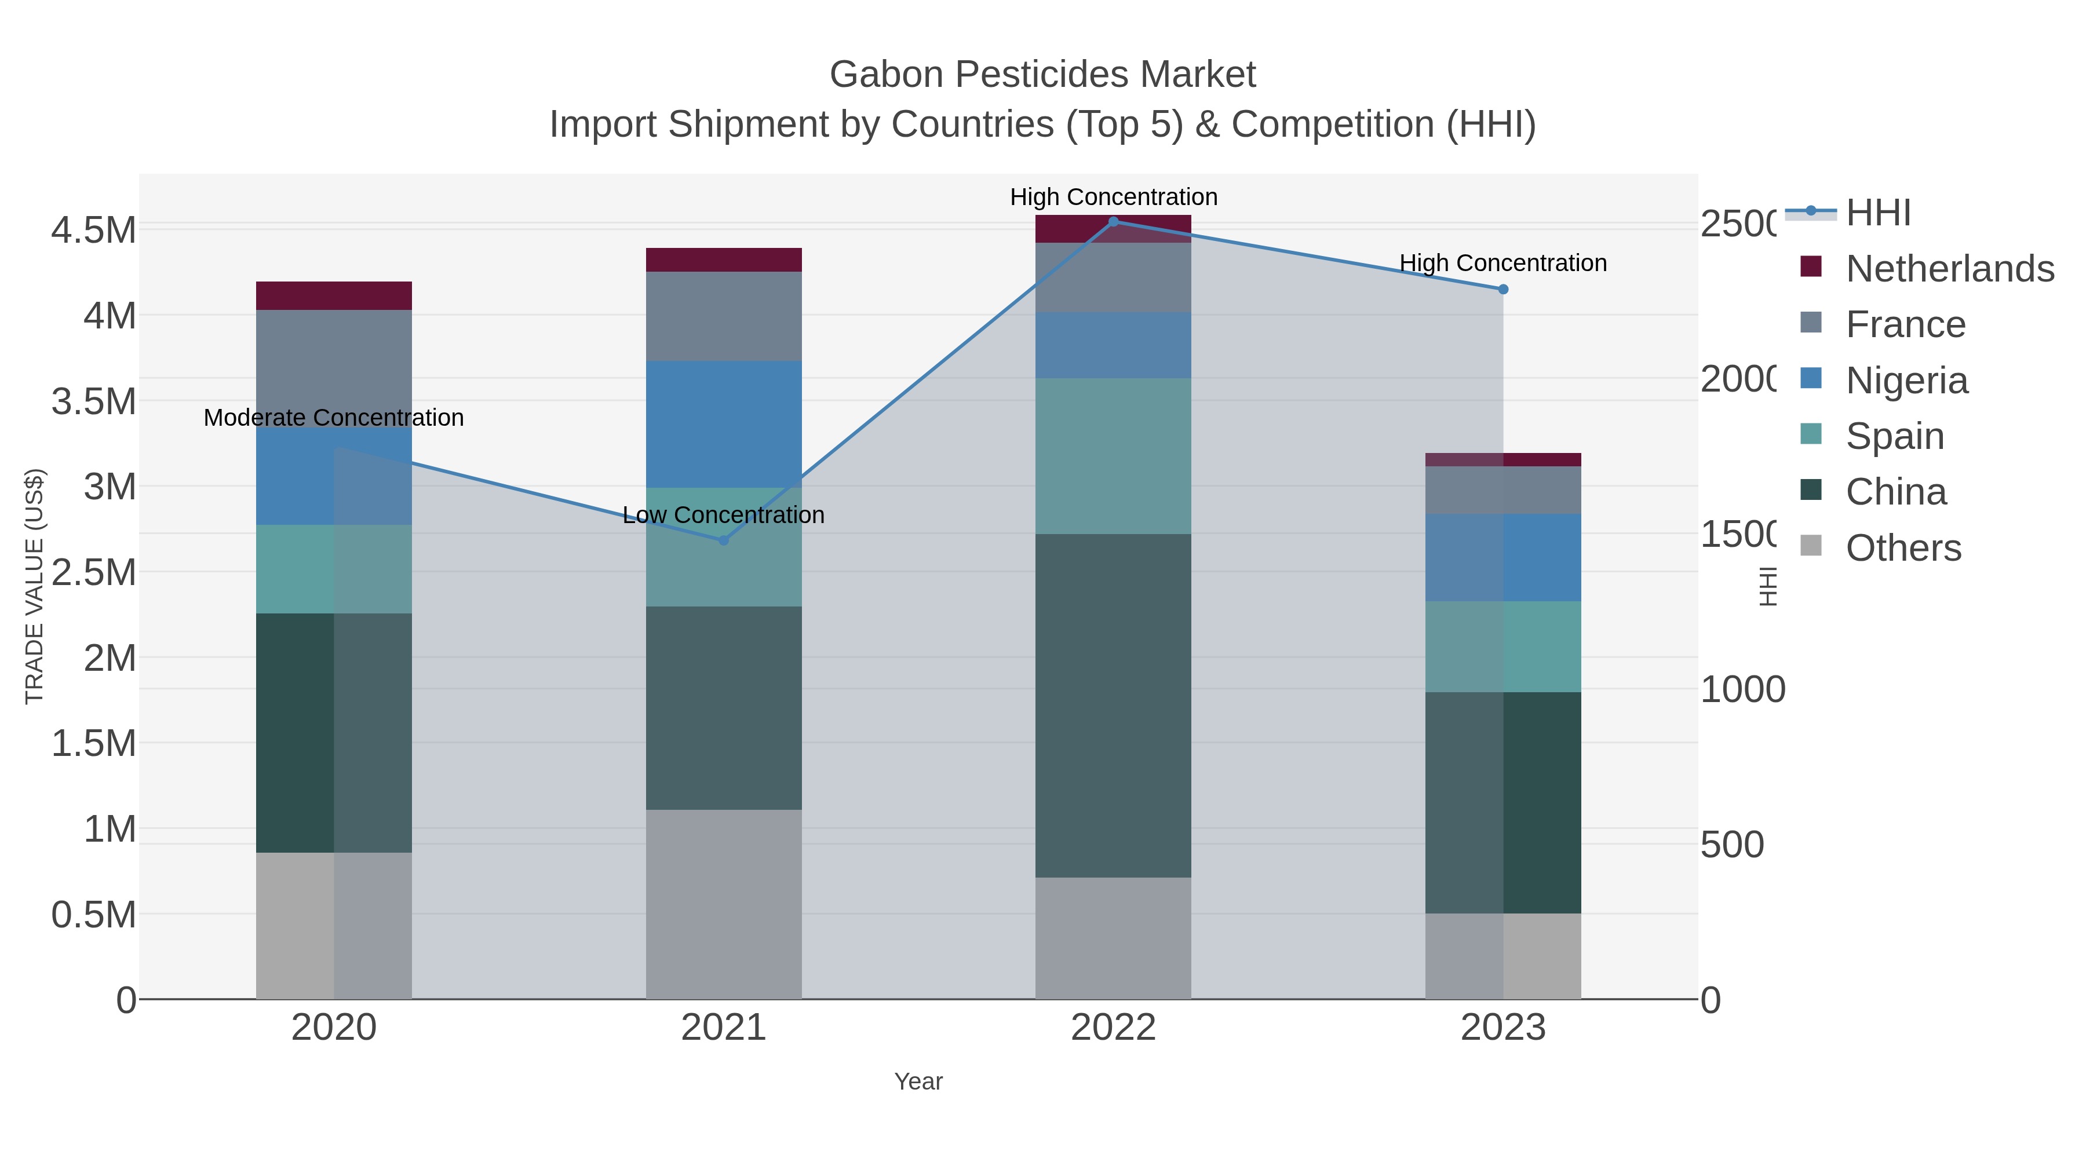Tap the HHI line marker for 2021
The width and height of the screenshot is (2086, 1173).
coord(723,540)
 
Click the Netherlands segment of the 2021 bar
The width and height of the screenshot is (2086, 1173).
coord(723,260)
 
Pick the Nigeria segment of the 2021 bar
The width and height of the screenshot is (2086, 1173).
coord(723,423)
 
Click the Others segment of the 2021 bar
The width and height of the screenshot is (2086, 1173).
coord(723,904)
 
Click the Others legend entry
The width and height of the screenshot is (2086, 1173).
coord(1902,548)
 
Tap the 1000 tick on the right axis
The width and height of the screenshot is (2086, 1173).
coord(1742,690)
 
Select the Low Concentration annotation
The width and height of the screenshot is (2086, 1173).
coord(723,515)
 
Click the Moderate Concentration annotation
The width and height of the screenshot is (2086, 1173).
coord(334,418)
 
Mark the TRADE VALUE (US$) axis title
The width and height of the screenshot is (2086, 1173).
coord(34,586)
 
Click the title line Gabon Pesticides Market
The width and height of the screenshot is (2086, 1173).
coord(1042,75)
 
